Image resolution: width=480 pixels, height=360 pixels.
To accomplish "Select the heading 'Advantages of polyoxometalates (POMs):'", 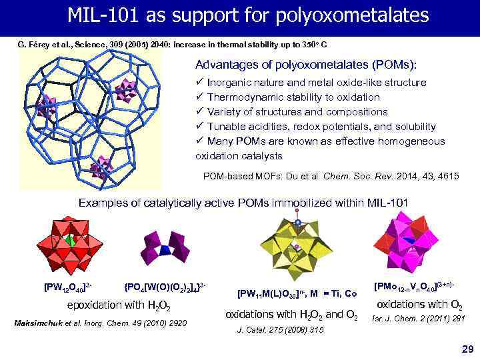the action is (x=306, y=65).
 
